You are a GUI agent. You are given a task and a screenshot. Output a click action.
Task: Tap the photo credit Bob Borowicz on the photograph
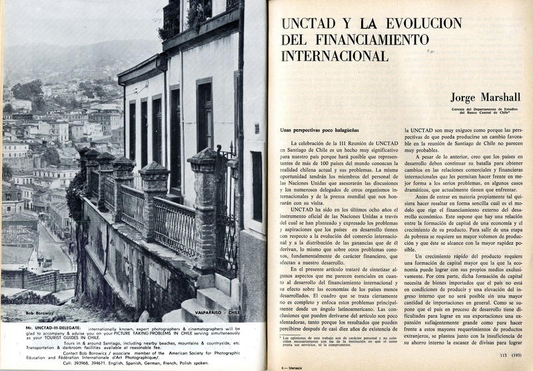pos(22,310)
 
